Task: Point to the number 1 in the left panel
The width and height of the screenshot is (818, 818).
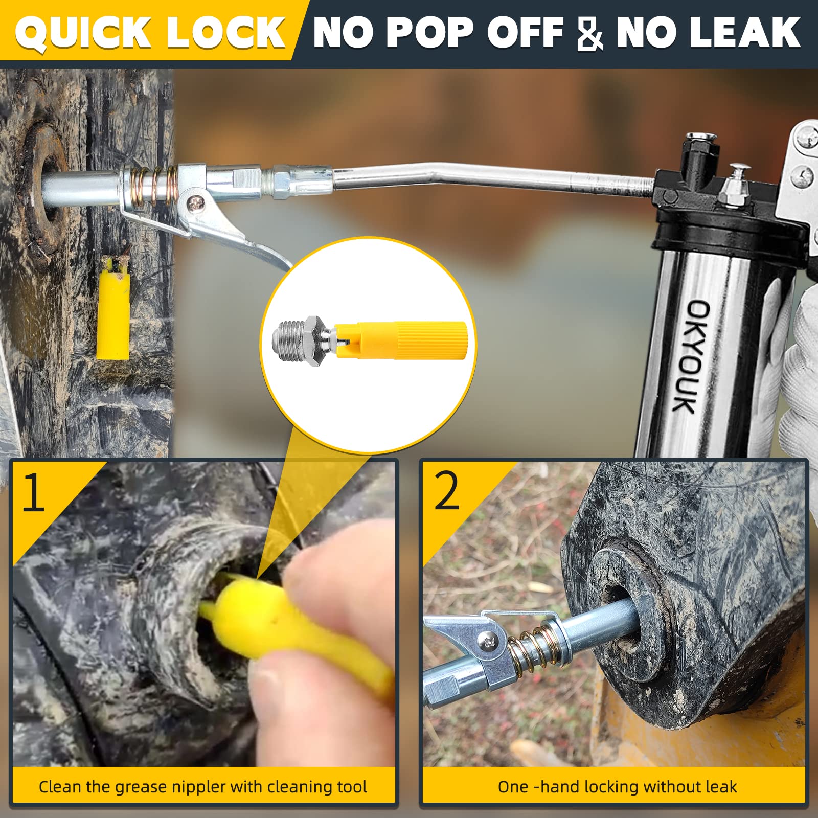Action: click(34, 492)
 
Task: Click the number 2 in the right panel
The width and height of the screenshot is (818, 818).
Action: click(447, 491)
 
